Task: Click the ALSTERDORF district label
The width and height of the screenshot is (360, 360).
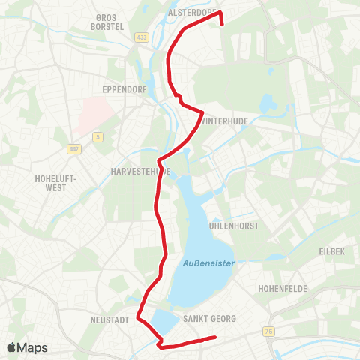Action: (191, 13)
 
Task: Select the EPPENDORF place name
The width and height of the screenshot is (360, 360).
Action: (123, 88)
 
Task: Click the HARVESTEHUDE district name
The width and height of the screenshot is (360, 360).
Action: (140, 171)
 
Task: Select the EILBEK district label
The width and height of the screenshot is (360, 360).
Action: (332, 251)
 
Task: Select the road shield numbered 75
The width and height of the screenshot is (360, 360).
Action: (269, 331)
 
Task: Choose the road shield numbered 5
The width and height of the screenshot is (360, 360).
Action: (97, 136)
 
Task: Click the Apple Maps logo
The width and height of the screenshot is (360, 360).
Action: (27, 347)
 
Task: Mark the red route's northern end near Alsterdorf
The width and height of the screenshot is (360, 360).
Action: (223, 23)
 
